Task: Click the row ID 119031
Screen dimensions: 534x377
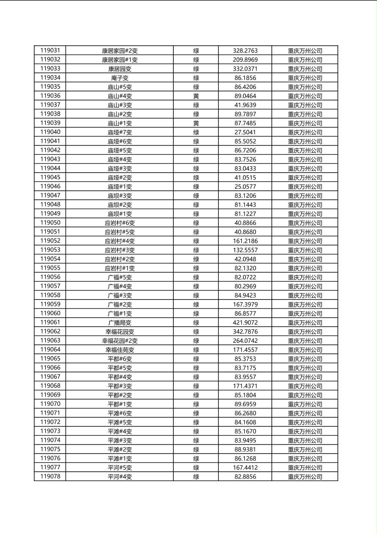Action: [x=50, y=51]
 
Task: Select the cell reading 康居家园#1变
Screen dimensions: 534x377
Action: [x=120, y=60]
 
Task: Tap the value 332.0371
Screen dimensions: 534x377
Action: [x=245, y=69]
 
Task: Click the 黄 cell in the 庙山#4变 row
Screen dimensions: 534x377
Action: [x=196, y=96]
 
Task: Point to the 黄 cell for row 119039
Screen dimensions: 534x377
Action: [x=196, y=123]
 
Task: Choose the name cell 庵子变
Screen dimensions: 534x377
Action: [x=120, y=78]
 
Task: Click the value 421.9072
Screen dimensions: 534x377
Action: [x=245, y=322]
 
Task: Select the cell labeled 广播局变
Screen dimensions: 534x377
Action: [x=120, y=322]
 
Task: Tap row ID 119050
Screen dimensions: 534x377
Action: [x=50, y=223]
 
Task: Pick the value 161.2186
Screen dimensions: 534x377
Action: [x=245, y=241]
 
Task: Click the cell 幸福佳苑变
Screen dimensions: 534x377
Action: [x=120, y=350]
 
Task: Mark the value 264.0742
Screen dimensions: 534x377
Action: [x=245, y=341]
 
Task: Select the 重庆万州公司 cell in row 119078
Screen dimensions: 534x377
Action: [x=305, y=476]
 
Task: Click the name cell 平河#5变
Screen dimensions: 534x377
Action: [x=120, y=468]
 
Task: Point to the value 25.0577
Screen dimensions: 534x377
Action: [x=245, y=187]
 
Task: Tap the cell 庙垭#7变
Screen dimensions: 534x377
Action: [x=120, y=132]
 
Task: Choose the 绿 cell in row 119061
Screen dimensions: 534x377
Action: [x=196, y=322]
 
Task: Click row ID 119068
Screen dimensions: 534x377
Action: [x=50, y=386]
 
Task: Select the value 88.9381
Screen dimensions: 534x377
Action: [x=245, y=449]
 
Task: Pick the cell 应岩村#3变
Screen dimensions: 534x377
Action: [x=120, y=250]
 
